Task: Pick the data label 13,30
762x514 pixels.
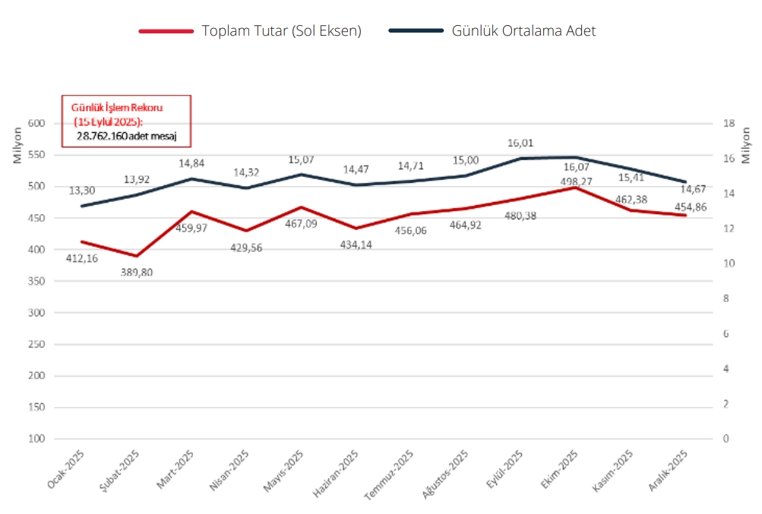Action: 82,191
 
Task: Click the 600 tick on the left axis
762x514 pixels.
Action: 36,123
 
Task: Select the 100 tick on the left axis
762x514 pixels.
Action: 36,439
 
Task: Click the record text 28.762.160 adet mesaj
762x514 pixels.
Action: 126,134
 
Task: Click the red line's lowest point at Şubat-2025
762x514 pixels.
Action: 136,256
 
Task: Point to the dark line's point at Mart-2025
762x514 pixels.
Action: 191,178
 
